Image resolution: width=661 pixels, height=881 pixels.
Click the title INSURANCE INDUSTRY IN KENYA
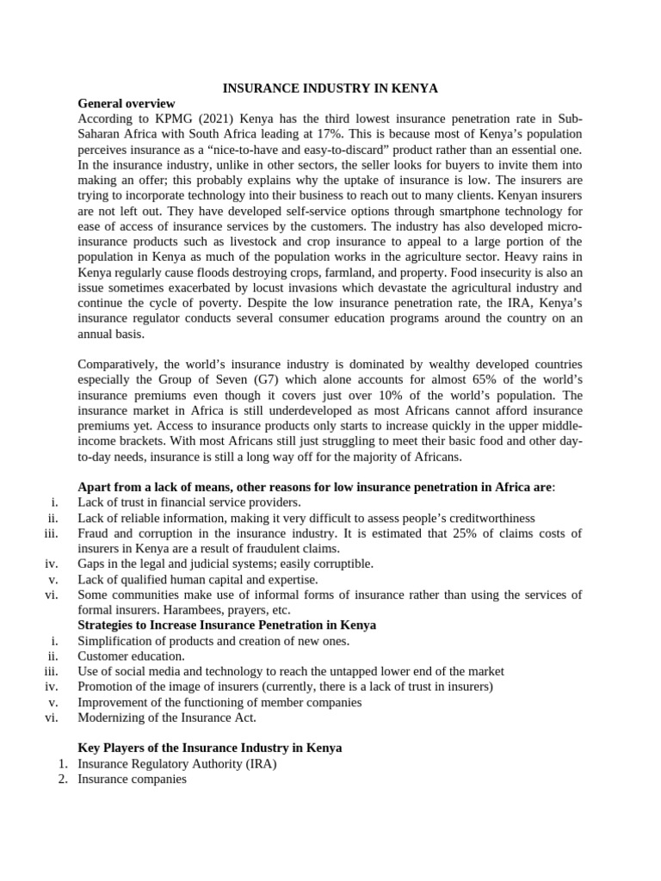330,89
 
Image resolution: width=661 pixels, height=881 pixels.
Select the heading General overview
126,104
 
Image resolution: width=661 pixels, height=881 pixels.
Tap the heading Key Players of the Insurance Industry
209,748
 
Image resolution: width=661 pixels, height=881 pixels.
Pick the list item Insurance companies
132,779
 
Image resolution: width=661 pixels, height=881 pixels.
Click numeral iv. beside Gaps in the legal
51,564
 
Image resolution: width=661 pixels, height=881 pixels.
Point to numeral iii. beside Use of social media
51,671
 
